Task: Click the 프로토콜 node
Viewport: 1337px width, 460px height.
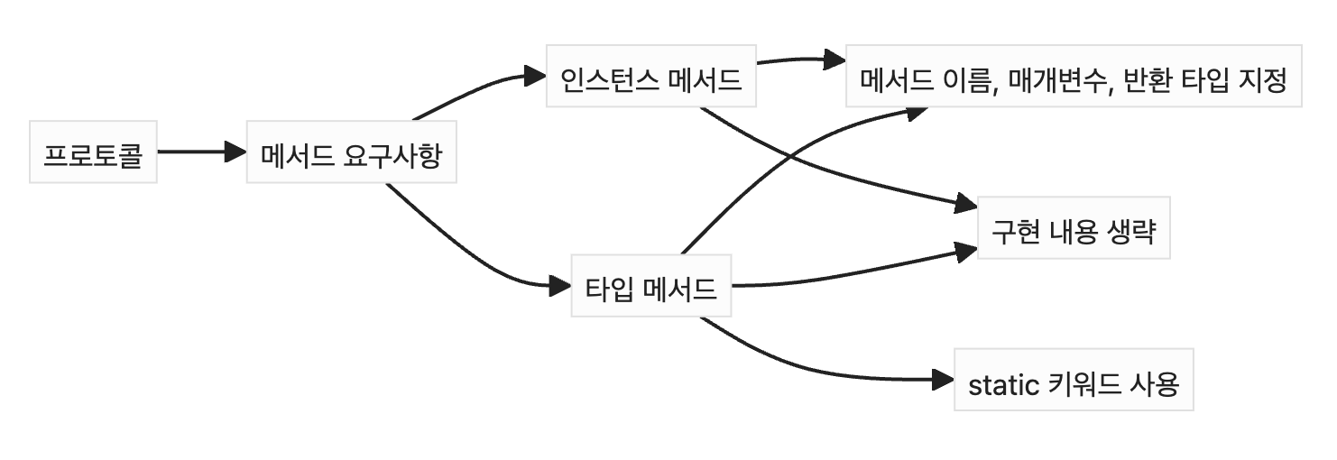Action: coord(93,152)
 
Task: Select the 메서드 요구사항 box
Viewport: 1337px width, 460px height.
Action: coord(351,152)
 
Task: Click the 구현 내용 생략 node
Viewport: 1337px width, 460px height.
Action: coord(1074,227)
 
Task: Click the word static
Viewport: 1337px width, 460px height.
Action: coord(1003,385)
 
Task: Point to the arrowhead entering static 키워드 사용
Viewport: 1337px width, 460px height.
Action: coord(945,380)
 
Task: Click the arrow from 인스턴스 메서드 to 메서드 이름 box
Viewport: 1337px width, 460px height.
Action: coord(794,60)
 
